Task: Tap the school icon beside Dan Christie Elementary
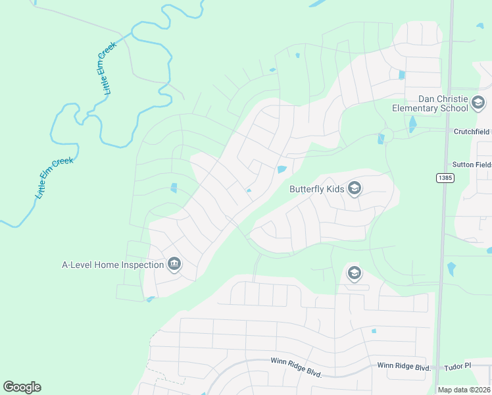pyautogui.click(x=478, y=103)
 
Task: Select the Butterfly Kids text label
pyautogui.click(x=317, y=190)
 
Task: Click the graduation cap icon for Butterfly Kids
pyautogui.click(x=355, y=190)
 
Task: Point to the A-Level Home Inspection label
pyautogui.click(x=112, y=265)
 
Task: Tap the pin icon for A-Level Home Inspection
pyautogui.click(x=174, y=265)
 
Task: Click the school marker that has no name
pyautogui.click(x=355, y=273)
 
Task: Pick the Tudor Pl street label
pyautogui.click(x=458, y=366)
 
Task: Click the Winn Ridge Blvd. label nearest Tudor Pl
pyautogui.click(x=404, y=367)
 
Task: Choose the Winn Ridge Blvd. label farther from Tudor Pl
pyautogui.click(x=296, y=367)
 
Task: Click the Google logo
pyautogui.click(x=22, y=387)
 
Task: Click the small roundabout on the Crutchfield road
pyautogui.click(x=388, y=134)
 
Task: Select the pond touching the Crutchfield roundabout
pyautogui.click(x=380, y=138)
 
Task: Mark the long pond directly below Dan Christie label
pyautogui.click(x=412, y=124)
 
